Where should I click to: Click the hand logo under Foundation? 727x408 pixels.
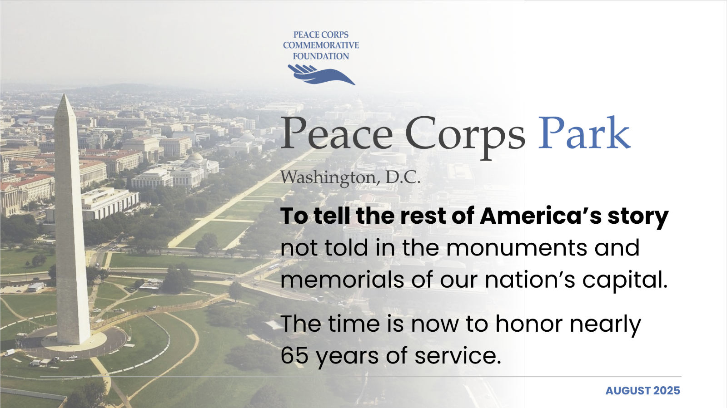tap(321, 74)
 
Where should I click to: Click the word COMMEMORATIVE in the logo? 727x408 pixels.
tap(321, 45)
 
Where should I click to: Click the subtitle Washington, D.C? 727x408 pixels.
tap(350, 177)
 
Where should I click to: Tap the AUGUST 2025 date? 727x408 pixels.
tap(642, 391)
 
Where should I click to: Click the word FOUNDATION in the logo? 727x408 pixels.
tap(321, 56)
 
